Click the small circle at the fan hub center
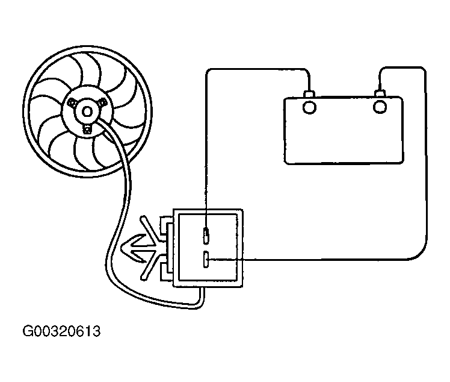(x=87, y=111)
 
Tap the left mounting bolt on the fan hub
(x=71, y=102)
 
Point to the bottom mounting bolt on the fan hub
(x=87, y=130)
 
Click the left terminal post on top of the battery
(x=309, y=95)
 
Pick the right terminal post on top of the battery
(x=380, y=93)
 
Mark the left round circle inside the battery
(x=309, y=108)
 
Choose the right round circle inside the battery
(x=380, y=107)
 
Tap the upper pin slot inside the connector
(x=206, y=236)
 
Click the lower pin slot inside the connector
(x=206, y=260)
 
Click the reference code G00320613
(x=61, y=331)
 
